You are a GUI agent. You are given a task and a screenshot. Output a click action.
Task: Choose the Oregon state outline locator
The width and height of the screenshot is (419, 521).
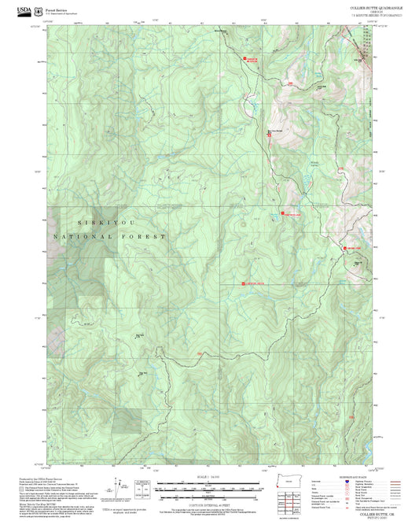(291, 482)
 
